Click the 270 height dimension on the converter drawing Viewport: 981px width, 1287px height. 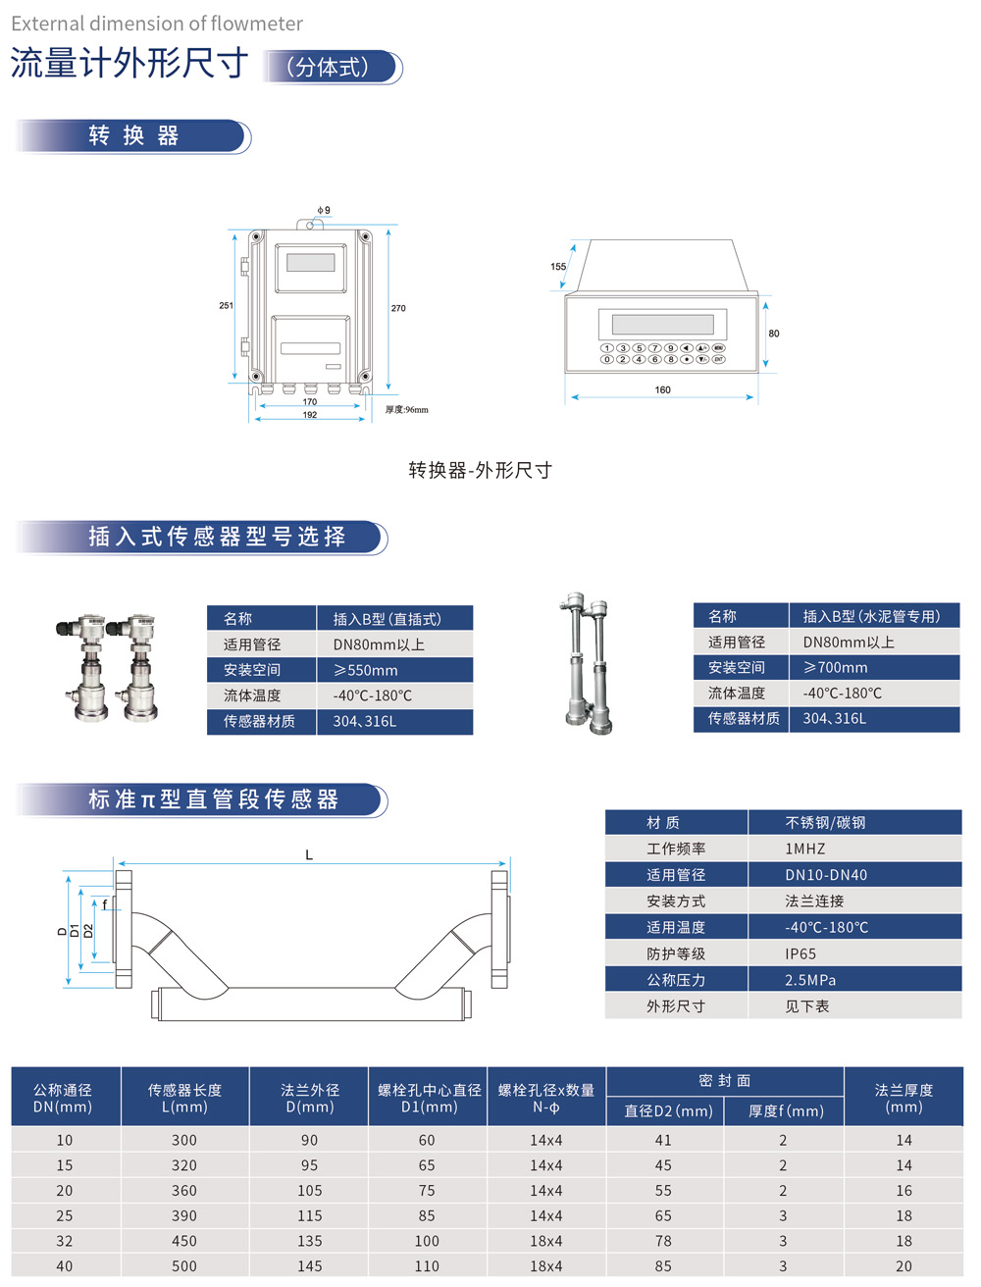click(x=398, y=308)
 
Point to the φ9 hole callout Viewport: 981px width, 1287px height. click(x=323, y=210)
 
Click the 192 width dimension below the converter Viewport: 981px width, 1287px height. click(x=310, y=415)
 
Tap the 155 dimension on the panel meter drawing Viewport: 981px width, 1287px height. click(x=558, y=267)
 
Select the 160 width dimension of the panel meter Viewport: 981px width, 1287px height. click(x=663, y=390)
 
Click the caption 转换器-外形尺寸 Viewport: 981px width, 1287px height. click(x=480, y=470)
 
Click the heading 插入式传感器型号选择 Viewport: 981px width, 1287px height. click(x=217, y=537)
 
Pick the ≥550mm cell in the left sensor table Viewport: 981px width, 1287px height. click(x=366, y=670)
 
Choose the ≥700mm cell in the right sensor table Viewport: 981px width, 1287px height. click(x=836, y=667)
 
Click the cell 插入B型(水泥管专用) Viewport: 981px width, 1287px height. click(x=871, y=616)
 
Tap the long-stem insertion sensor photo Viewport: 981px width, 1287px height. click(x=588, y=663)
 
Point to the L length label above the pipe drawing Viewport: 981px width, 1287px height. click(x=309, y=855)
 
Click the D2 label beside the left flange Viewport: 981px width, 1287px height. click(x=88, y=931)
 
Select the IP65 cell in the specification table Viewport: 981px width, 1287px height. click(x=800, y=953)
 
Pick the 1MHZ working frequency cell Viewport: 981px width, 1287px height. click(x=804, y=849)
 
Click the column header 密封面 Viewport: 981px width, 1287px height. click(x=724, y=1080)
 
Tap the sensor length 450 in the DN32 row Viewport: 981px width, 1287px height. click(x=184, y=1241)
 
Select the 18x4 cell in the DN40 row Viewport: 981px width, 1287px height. click(x=546, y=1266)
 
